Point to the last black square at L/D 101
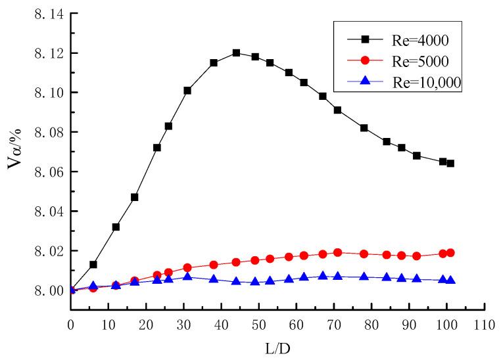(x=450, y=164)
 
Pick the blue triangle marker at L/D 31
(x=187, y=277)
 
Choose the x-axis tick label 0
(x=71, y=323)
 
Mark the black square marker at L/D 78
(x=364, y=128)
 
